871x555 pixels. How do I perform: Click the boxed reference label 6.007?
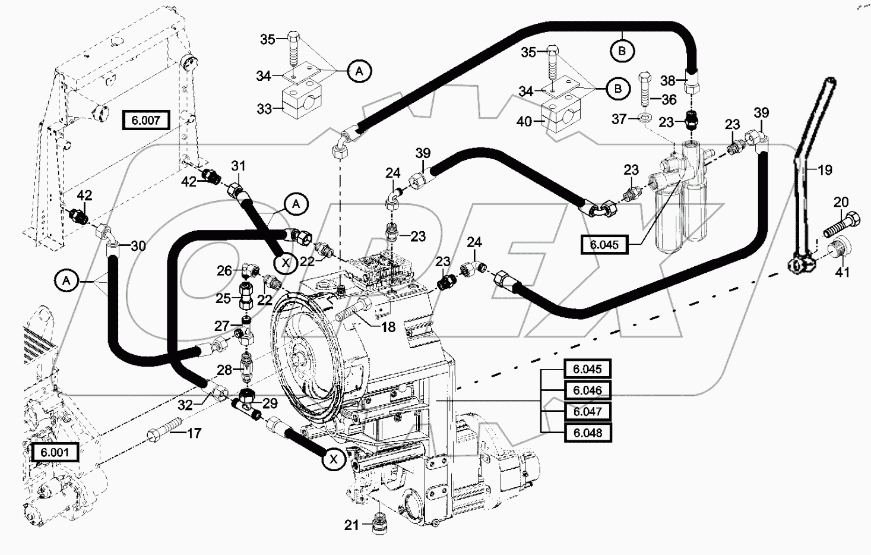tap(145, 121)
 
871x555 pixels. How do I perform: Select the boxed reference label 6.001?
tap(55, 452)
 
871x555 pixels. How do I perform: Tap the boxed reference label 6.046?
tap(587, 390)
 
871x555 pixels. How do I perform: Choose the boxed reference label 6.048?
tap(587, 433)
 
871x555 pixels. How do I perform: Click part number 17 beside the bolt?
tap(194, 433)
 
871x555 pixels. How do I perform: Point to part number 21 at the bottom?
tap(352, 525)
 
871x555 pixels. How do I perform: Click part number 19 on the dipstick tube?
tap(825, 170)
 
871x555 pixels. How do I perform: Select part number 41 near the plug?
tap(842, 272)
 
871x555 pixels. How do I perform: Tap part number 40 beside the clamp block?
tap(524, 122)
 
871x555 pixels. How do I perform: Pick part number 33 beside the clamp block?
tap(264, 109)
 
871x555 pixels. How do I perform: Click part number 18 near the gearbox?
tap(388, 326)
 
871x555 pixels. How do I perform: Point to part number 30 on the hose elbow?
tap(138, 246)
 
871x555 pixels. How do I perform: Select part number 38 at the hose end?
tap(668, 81)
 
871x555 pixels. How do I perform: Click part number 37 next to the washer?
tap(619, 119)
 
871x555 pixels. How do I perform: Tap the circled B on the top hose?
tap(622, 51)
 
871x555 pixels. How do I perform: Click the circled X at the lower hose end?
tap(334, 459)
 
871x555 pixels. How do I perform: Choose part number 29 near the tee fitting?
tap(270, 404)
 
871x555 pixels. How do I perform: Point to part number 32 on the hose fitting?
tap(185, 405)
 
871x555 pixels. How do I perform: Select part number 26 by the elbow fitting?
tap(224, 271)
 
